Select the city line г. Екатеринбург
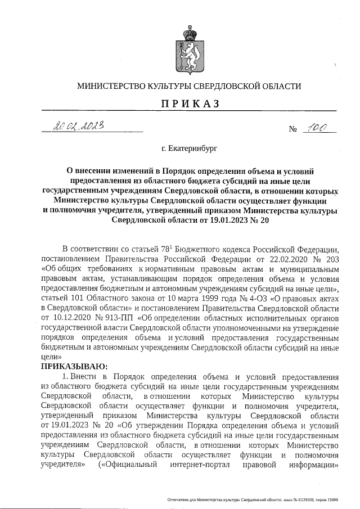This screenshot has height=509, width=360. [x=188, y=150]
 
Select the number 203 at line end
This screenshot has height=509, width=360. [x=332, y=258]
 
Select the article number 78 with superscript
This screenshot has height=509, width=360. [x=170, y=248]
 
